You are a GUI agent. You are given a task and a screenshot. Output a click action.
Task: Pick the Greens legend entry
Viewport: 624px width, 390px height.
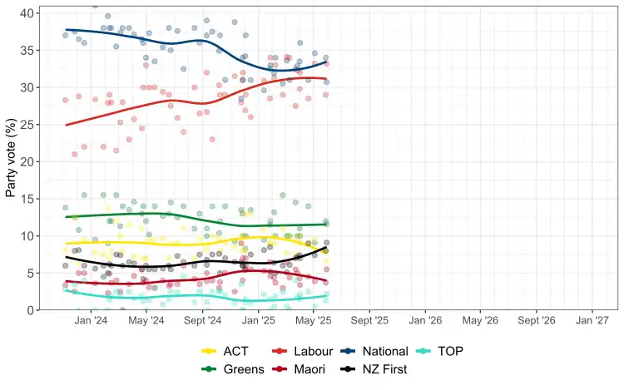[241, 368]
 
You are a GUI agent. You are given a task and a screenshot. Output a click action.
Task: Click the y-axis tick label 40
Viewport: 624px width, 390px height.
[27, 13]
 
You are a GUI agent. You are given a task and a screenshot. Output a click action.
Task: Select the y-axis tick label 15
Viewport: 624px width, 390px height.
[27, 199]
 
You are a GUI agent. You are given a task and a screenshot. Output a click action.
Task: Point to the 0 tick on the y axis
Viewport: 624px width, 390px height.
[31, 310]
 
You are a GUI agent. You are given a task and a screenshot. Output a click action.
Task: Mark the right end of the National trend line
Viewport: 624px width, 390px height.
[327, 62]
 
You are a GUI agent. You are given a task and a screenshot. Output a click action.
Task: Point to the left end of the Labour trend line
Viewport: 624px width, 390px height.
[66, 125]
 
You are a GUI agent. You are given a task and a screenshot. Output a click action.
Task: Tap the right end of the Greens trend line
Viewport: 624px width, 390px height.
[327, 224]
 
